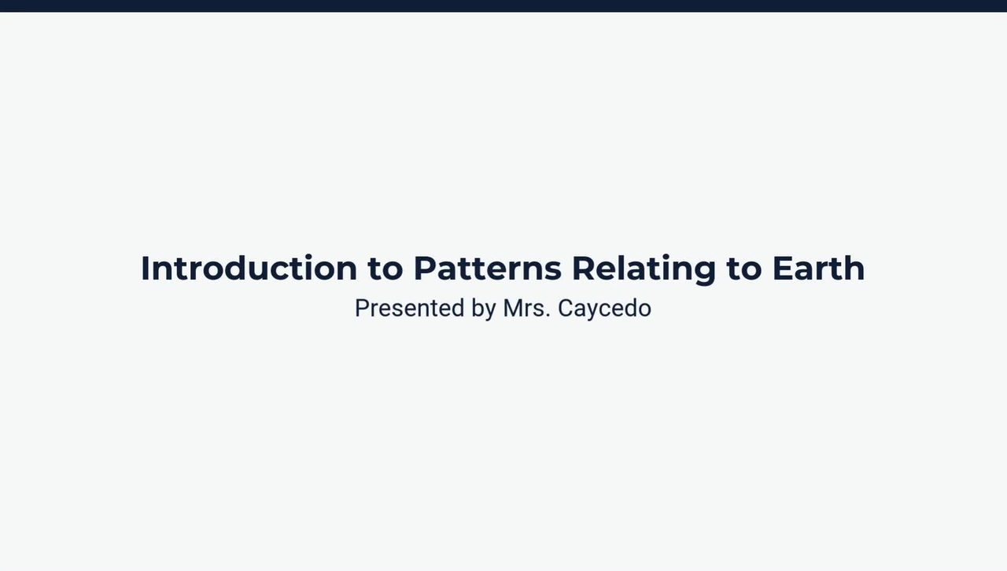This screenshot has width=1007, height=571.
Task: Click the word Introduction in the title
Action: [249, 269]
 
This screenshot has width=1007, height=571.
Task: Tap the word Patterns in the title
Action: [487, 269]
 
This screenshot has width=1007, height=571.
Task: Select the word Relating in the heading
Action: [644, 269]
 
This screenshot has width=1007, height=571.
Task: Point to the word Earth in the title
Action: [818, 269]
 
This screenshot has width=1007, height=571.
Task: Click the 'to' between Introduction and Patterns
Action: [385, 269]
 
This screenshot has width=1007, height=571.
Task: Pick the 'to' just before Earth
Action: [743, 269]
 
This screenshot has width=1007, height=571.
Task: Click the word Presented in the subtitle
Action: [409, 308]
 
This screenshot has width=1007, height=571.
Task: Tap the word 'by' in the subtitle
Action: [483, 308]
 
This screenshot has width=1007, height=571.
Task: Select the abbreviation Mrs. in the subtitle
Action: [526, 308]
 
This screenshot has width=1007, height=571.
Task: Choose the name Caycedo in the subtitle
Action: [604, 308]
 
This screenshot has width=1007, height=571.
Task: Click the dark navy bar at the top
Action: [503, 6]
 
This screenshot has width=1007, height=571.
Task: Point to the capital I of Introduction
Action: [145, 269]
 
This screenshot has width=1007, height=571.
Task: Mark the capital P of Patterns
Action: [425, 269]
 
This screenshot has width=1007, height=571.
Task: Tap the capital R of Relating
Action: [584, 269]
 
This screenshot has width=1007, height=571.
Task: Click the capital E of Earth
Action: [783, 269]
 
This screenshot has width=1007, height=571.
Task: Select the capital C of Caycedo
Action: [566, 308]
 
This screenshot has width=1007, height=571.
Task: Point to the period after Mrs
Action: [548, 315]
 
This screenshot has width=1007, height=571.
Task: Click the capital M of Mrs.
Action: [512, 308]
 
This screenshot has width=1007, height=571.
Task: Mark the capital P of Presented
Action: [362, 308]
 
